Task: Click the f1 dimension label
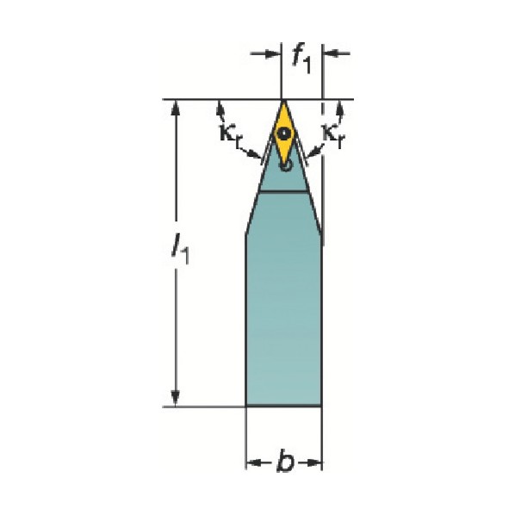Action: pos(301,59)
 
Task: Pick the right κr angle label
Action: pos(333,135)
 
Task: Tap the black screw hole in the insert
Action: pos(283,133)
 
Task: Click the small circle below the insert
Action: pos(287,166)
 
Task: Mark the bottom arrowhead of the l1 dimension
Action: pos(175,399)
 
